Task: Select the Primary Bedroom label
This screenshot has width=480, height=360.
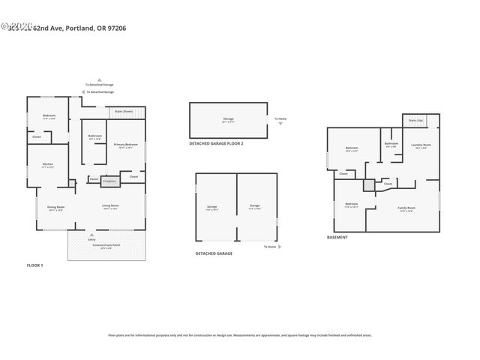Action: tap(124, 145)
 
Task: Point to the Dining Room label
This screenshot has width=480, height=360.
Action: tap(56, 208)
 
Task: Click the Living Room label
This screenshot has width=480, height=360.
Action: tap(111, 207)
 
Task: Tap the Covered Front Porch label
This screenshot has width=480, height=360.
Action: tap(103, 246)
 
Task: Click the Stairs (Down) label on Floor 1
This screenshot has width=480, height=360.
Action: tap(124, 111)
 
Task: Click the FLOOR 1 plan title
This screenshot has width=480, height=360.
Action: tap(35, 265)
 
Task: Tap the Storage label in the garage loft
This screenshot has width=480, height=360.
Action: tap(228, 119)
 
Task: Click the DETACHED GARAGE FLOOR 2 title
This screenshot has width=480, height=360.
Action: tap(216, 142)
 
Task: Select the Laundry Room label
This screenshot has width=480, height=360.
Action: tap(422, 145)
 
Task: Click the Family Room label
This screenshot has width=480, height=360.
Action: tap(406, 208)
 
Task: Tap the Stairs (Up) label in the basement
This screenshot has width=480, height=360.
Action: tap(415, 120)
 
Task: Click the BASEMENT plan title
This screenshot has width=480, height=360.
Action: tap(337, 237)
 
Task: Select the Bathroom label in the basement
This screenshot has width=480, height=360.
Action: tap(391, 145)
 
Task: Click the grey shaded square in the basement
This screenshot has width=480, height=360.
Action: tap(369, 184)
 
